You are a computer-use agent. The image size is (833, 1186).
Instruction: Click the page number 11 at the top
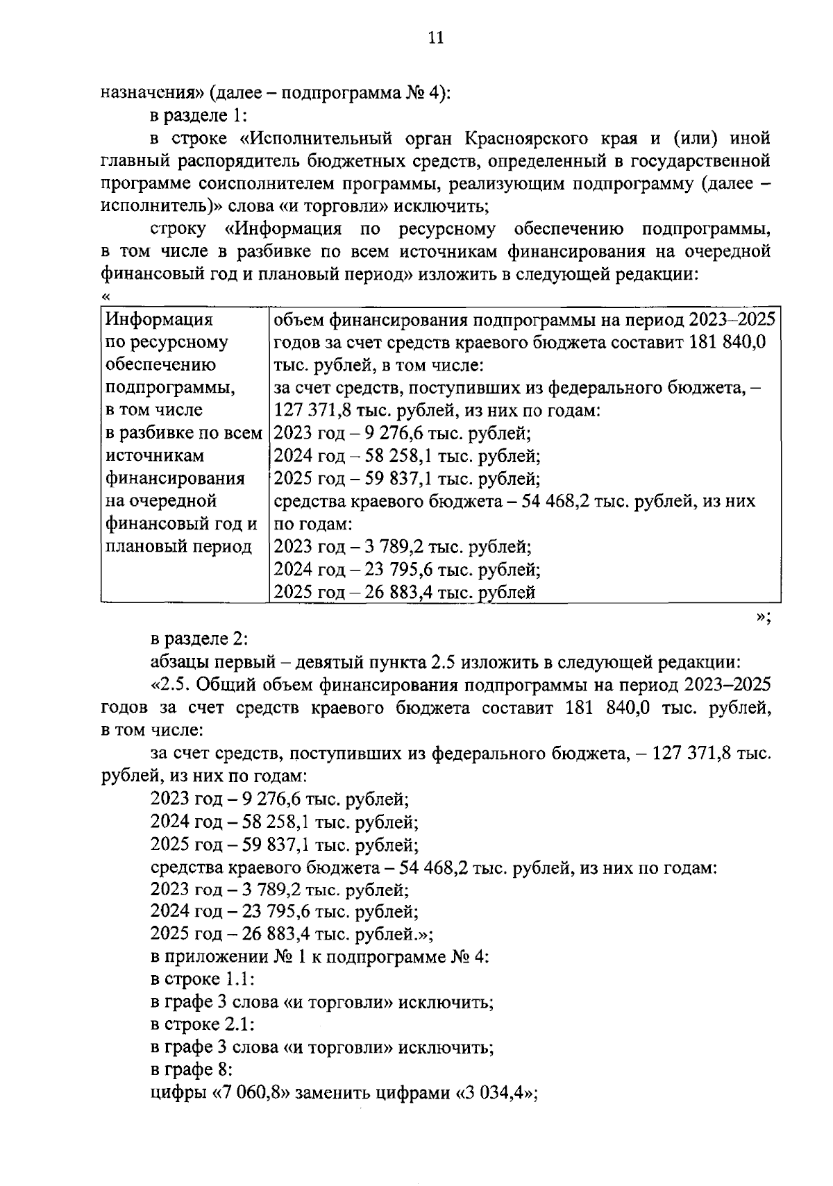435,37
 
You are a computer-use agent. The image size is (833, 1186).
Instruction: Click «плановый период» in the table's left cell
178,546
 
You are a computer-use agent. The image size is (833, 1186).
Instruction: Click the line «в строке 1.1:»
202,980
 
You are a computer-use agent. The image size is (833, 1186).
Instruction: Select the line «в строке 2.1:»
202,1024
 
